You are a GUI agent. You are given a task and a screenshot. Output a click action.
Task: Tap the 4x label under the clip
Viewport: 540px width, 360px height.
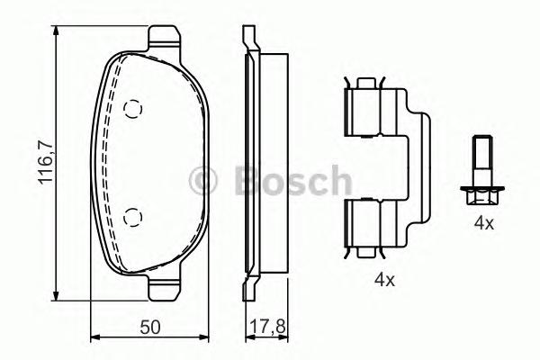pos(385,280)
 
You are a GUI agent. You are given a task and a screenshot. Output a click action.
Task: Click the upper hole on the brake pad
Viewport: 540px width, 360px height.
pos(133,109)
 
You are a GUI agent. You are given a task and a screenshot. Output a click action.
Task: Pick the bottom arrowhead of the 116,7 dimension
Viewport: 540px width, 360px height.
pos(58,296)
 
